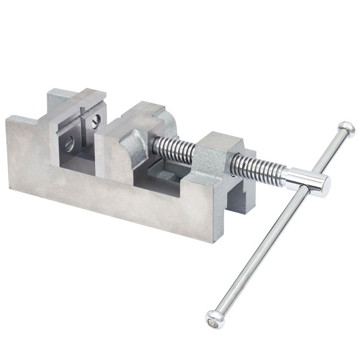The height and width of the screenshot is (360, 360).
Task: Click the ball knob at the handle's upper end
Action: [x=346, y=129]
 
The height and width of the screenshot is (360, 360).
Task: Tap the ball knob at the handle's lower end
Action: [x=214, y=319]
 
